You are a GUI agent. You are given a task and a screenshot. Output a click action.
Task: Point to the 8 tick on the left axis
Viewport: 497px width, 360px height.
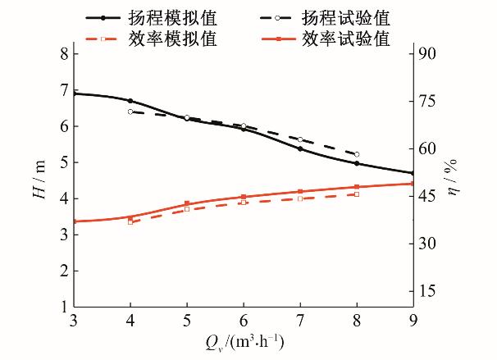tap(63, 54)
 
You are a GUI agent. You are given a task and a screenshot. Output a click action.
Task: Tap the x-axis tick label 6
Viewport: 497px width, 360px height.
tap(244, 319)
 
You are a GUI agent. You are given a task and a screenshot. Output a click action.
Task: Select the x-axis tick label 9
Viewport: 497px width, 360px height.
tap(413, 319)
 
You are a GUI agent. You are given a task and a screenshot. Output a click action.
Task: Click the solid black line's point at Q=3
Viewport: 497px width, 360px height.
tap(75, 93)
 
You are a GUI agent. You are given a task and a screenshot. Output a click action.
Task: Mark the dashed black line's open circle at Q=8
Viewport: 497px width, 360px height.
tap(356, 154)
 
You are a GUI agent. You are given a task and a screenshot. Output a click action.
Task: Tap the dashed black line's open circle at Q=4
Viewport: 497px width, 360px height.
tap(130, 112)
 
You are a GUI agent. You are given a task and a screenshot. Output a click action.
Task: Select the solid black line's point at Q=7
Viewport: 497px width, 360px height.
tap(300, 148)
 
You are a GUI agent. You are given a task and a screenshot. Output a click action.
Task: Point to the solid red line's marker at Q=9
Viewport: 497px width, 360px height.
tap(413, 184)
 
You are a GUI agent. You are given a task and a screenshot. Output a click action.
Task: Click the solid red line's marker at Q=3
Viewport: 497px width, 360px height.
tap(75, 221)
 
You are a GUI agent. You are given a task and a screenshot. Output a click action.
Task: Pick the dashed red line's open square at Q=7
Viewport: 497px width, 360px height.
tap(300, 198)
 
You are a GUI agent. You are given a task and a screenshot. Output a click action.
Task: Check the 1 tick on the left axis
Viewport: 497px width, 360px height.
tap(63, 307)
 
